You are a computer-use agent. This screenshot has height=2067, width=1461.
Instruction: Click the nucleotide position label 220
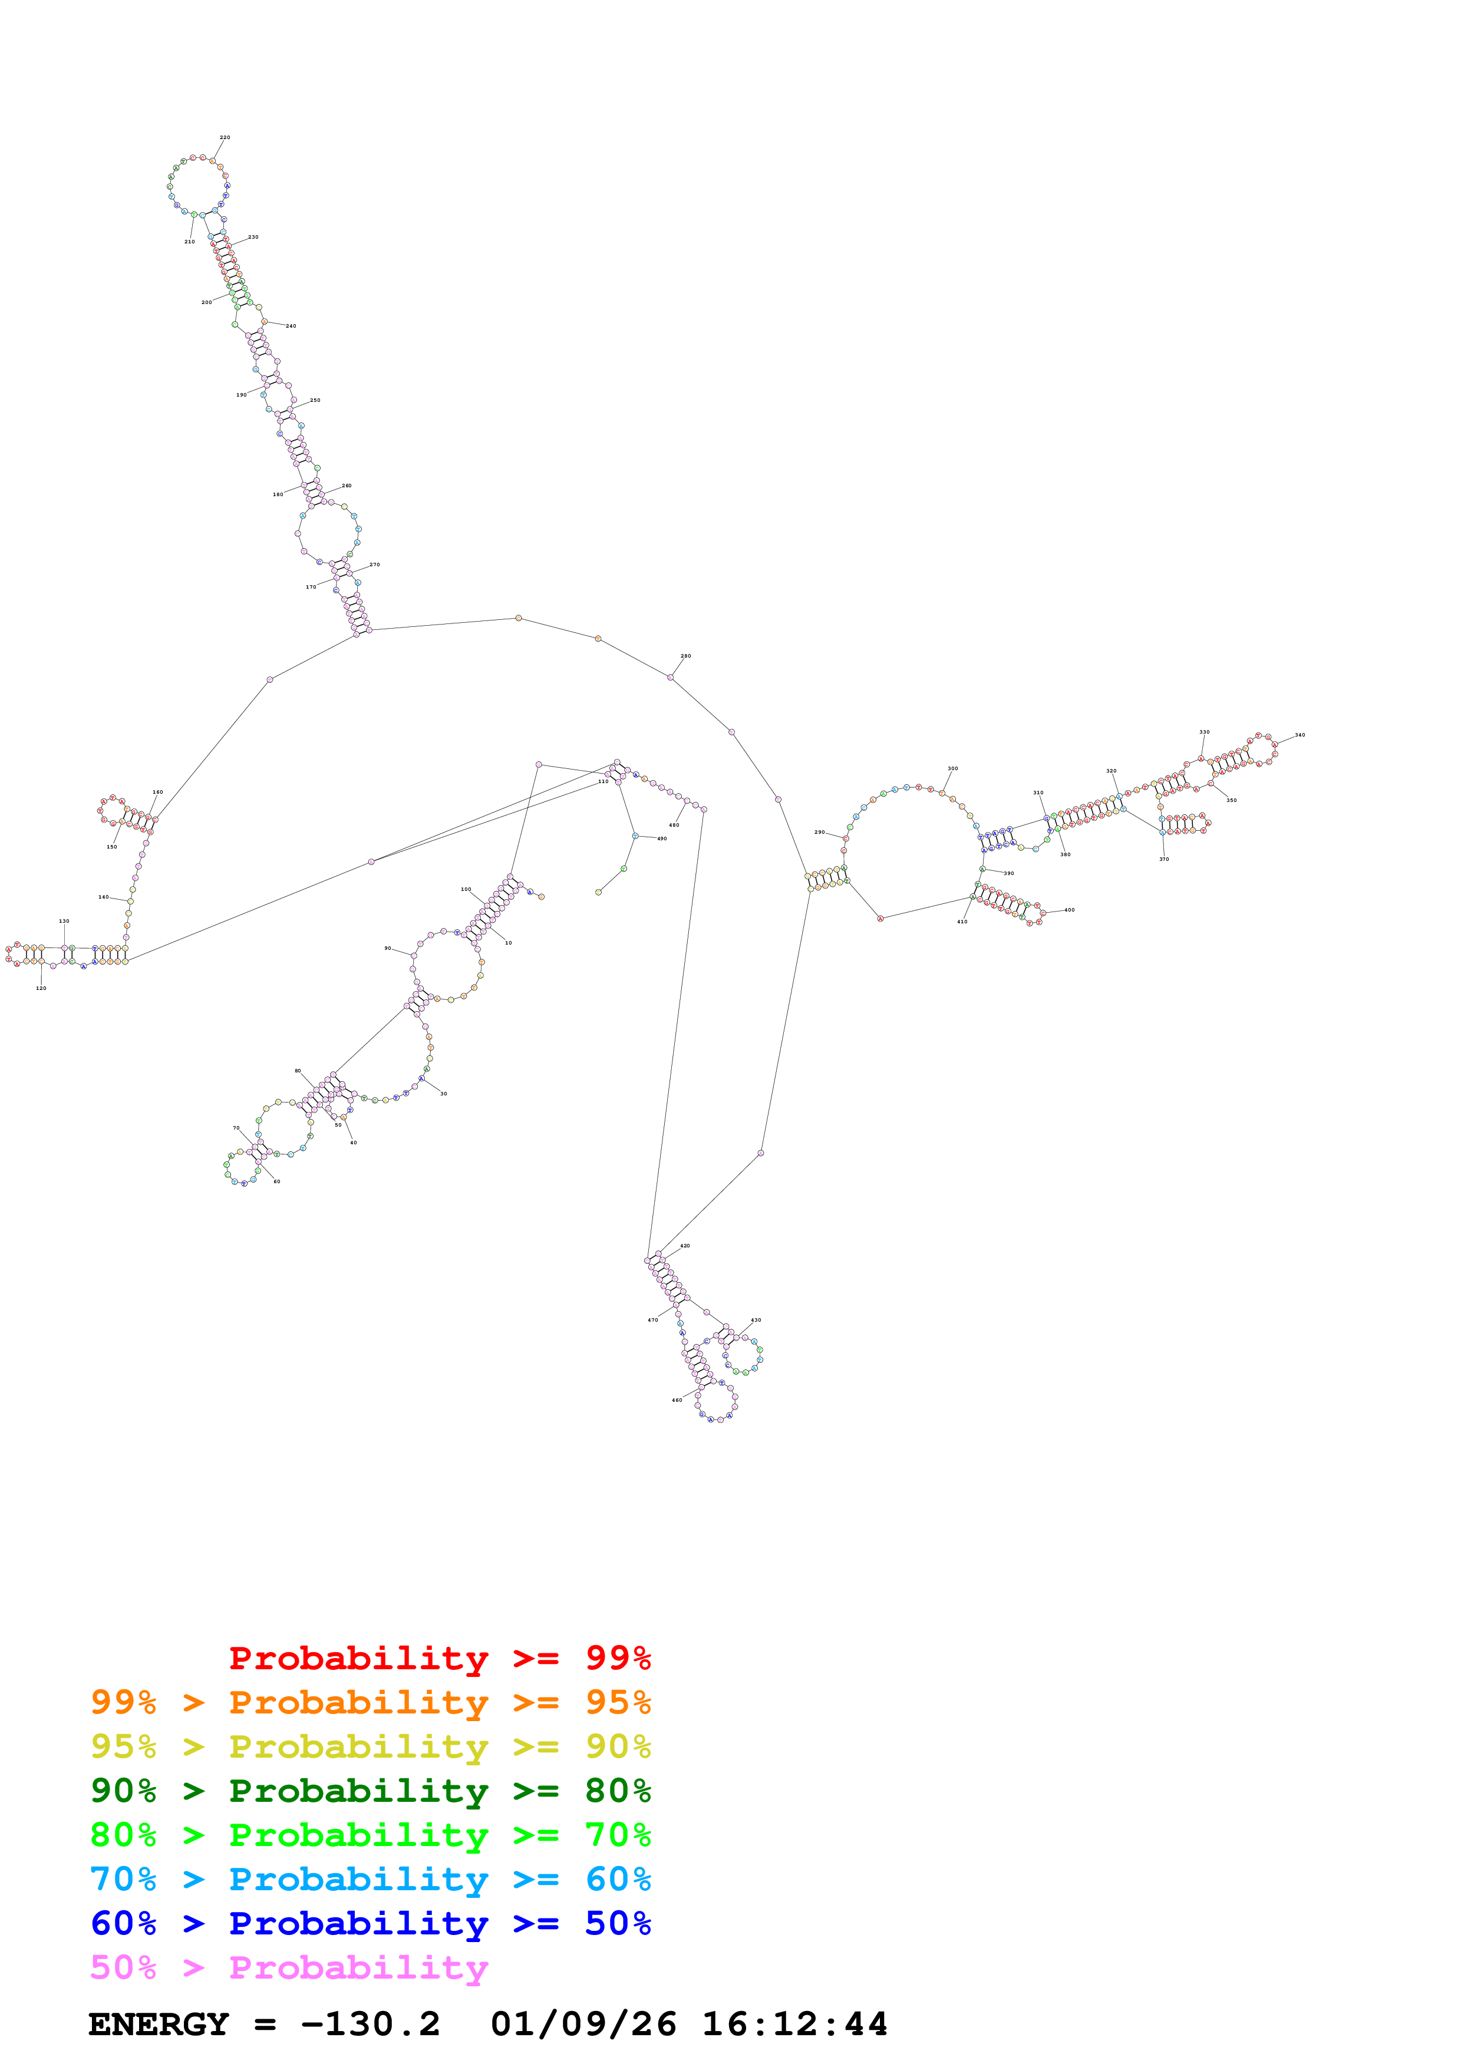click(x=225, y=138)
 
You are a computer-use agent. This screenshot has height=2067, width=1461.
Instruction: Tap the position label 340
click(x=1300, y=735)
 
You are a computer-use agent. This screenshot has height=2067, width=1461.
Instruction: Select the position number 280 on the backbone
click(x=686, y=656)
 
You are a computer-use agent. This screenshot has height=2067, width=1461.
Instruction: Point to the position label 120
click(x=41, y=989)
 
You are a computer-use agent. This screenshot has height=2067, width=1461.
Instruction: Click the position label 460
click(x=677, y=1400)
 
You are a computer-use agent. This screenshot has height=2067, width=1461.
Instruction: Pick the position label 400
click(x=1070, y=910)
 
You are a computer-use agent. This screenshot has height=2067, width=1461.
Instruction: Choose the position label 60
click(x=276, y=1181)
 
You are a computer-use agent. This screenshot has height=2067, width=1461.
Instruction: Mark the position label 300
click(x=952, y=769)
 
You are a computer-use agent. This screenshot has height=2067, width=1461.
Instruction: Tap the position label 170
click(x=311, y=587)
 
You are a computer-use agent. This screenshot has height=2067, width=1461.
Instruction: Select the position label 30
click(x=443, y=1094)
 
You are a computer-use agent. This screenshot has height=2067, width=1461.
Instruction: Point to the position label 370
click(x=1164, y=859)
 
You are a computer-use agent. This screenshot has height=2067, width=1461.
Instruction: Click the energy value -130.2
click(x=370, y=2024)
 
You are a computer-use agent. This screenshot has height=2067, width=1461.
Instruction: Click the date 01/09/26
click(x=583, y=2024)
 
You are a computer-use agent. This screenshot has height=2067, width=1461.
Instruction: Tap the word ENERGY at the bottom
click(x=159, y=2024)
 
